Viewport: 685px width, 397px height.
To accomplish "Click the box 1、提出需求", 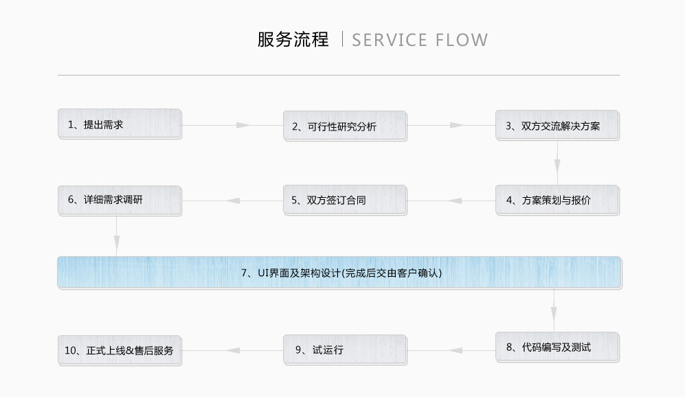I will pos(120,124).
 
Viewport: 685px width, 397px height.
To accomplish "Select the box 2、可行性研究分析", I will pos(345,126).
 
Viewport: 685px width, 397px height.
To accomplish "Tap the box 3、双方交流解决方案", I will pos(557,126).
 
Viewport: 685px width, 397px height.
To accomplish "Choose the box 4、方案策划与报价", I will pos(557,201).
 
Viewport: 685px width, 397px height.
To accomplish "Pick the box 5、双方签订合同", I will pos(345,201).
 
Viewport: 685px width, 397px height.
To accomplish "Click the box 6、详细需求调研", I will pos(120,200).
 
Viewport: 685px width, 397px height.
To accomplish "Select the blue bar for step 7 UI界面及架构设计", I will pos(339,273).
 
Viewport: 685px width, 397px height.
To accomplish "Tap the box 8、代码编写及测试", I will pos(557,348).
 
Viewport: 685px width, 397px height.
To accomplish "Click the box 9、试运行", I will pos(345,350).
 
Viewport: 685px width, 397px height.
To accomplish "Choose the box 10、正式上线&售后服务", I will pos(120,350).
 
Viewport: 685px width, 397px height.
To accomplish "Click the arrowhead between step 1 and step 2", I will pos(243,125).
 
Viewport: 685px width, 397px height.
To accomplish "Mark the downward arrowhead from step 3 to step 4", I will pos(557,167).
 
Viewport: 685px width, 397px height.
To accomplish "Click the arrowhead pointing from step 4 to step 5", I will pos(455,201).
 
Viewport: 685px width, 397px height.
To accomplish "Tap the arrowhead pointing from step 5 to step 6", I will pos(234,201).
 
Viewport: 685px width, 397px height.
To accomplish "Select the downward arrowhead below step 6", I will pos(117,242).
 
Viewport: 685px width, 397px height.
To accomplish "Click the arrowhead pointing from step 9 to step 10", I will pos(234,350).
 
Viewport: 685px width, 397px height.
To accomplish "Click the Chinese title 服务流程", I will pos(293,40).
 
